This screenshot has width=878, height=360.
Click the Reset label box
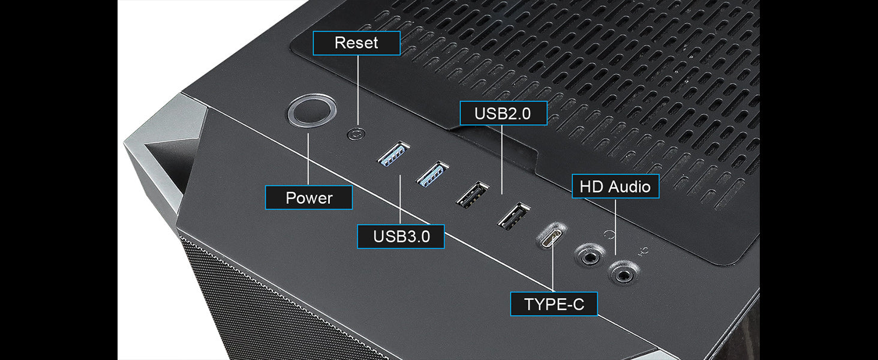point(356,43)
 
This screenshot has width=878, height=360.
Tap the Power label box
point(309,197)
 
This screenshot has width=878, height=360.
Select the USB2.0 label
point(503,113)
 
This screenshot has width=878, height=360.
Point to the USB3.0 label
point(401,236)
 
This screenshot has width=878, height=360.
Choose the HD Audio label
point(615,186)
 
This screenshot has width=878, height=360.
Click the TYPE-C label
point(554,304)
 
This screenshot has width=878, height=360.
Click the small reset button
point(356,134)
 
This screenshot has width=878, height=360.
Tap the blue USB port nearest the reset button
point(393,154)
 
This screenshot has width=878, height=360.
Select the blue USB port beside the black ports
point(432,174)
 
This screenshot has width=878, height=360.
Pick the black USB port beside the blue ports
point(473,194)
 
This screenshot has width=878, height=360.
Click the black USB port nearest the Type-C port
point(514,215)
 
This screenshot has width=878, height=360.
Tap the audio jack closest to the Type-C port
point(589,257)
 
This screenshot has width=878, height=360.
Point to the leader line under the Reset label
point(358,90)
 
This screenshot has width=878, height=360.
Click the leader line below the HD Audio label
point(615,227)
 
